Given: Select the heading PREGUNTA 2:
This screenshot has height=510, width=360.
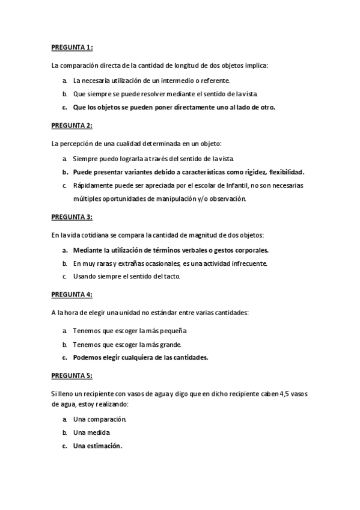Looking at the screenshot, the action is pyautogui.click(x=72, y=125).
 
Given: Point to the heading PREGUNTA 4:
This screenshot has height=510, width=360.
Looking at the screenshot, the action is pyautogui.click(x=72, y=295).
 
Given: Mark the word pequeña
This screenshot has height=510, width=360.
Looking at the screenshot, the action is pyautogui.click(x=174, y=330).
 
